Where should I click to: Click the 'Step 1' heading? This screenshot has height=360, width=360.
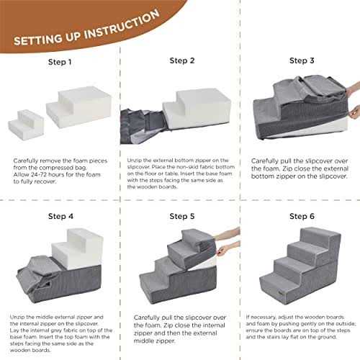point(60,62)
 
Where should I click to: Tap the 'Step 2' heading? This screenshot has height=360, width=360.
point(182,60)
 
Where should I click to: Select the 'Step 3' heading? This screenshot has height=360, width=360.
point(302,60)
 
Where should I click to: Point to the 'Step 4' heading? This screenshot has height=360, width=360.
point(60,216)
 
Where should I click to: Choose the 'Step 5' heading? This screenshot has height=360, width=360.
point(182,216)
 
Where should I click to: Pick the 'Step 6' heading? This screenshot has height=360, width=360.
point(302,216)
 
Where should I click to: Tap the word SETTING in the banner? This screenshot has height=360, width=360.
point(38,40)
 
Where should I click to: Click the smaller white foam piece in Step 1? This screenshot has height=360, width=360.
point(26,125)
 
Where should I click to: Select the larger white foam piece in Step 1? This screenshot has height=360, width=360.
point(79,107)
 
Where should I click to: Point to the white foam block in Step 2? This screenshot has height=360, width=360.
point(197,109)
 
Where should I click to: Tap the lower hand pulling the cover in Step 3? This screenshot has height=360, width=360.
point(355,113)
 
